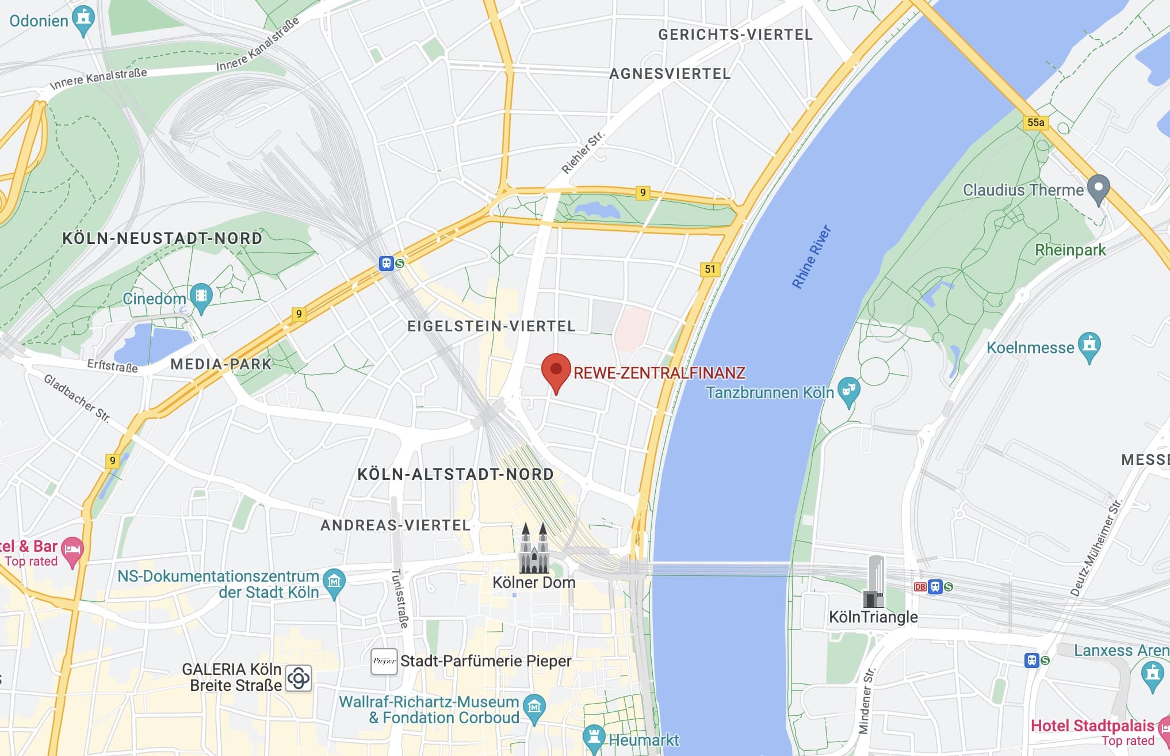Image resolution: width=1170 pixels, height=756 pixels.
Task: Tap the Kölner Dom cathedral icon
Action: [534, 549]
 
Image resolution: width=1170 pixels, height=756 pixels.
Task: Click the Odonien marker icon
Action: [84, 19]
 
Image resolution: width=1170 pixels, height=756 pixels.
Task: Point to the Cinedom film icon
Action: [201, 296]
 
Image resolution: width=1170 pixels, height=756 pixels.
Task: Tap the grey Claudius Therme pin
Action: [1098, 188]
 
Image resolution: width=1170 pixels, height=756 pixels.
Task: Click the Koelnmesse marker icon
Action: [1089, 345]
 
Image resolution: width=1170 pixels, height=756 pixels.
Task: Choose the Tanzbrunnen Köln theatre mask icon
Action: [848, 391]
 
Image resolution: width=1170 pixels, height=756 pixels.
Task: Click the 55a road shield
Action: [1035, 123]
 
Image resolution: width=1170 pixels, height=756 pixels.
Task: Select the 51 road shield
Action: [710, 269]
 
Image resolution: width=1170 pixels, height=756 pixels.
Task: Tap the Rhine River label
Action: [811, 257]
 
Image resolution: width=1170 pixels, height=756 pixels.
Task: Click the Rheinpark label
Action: [1070, 250]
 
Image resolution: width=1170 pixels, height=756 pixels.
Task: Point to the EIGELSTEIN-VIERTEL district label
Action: [491, 326]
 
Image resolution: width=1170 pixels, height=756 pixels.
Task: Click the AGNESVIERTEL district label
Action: [670, 74]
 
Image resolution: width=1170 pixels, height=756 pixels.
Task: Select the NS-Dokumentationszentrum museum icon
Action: [334, 582]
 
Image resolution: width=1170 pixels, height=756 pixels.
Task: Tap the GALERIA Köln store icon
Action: [299, 678]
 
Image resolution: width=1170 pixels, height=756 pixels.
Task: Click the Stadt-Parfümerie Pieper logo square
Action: [384, 661]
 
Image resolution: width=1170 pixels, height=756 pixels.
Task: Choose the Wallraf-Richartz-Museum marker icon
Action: [534, 707]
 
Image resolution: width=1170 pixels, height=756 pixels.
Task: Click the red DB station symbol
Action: [920, 587]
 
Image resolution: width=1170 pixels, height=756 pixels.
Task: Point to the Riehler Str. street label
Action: [583, 152]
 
